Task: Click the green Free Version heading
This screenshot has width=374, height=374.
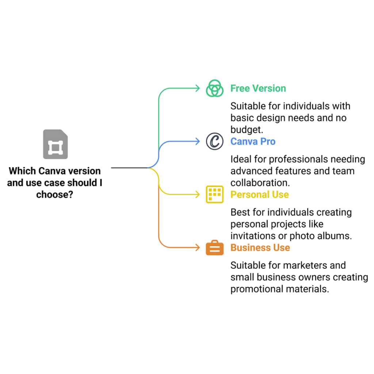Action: [x=258, y=88]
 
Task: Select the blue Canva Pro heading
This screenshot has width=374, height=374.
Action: [x=253, y=141]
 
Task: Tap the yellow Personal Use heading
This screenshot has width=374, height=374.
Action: [x=260, y=195]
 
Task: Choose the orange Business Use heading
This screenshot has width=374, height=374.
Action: [x=260, y=248]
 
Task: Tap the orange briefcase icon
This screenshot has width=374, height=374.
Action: [x=215, y=248]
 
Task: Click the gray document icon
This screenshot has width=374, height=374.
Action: [x=56, y=144]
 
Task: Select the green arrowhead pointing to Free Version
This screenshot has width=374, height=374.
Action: [x=198, y=88]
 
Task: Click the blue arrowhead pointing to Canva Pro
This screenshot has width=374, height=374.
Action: [x=198, y=141]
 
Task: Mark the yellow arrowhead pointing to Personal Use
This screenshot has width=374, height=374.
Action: [x=198, y=195]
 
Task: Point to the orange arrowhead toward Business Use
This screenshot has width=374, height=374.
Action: [x=198, y=248]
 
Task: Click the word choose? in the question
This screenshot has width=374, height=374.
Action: [x=55, y=195]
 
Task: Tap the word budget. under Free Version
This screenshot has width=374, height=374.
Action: [x=247, y=130]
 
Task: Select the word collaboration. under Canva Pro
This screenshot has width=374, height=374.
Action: [x=260, y=183]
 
